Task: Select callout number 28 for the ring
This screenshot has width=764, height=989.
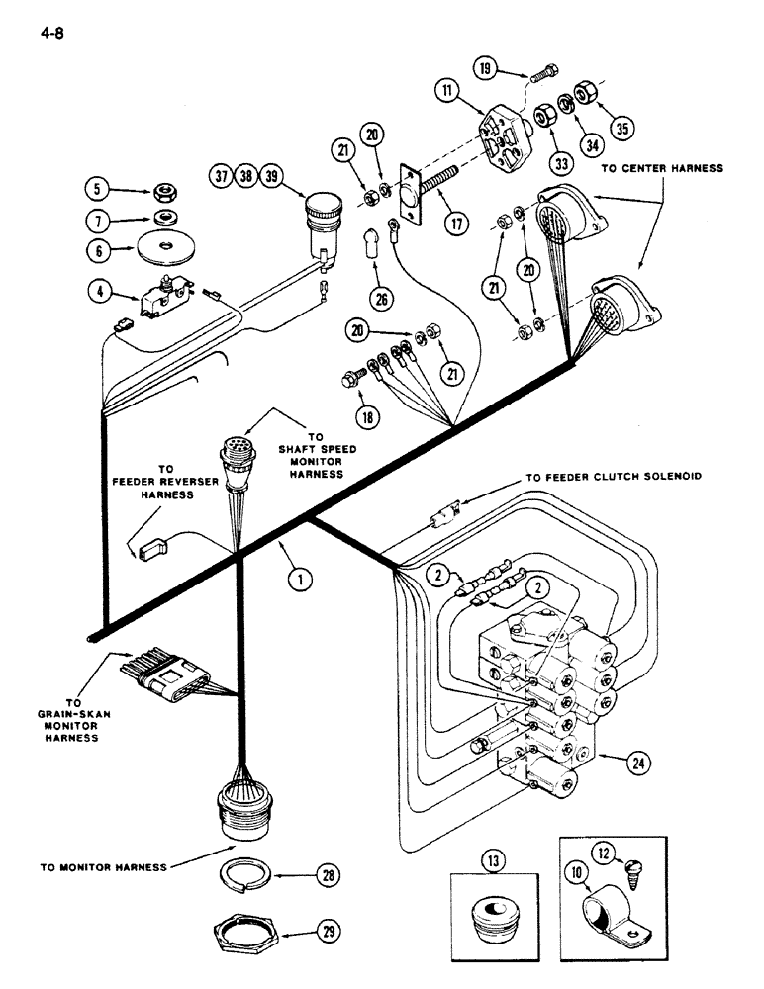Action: click(326, 876)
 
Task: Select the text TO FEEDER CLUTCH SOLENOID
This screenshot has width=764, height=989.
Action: click(614, 477)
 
